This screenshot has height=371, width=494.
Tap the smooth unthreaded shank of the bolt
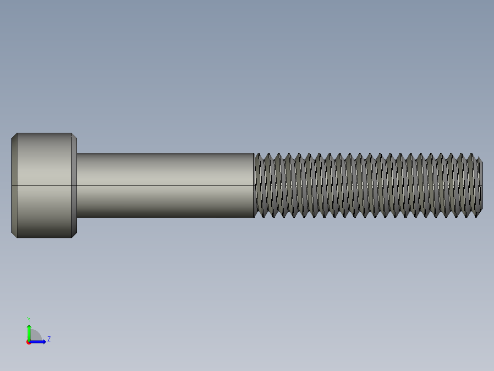coord(165,170)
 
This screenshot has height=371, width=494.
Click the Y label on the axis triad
coord(28,319)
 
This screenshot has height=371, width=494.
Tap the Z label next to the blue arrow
coord(49,339)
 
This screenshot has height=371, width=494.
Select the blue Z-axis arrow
coord(39,342)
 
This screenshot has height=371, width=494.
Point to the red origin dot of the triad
coord(29,342)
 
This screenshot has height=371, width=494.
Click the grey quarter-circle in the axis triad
coord(35,336)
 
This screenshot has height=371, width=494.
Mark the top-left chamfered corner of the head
coord(14,135)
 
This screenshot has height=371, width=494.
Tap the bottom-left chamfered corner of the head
coord(14,235)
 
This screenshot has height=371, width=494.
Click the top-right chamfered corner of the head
coord(74,135)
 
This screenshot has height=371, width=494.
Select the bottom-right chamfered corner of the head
coord(74,235)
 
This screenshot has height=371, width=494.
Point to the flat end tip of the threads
coord(481,185)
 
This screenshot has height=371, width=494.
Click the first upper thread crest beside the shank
coord(258,155)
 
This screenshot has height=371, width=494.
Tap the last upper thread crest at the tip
coord(472,155)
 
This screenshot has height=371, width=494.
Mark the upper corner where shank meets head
coord(77,153)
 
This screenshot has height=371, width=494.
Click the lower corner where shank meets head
coord(77,217)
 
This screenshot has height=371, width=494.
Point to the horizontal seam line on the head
coord(44,185)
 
